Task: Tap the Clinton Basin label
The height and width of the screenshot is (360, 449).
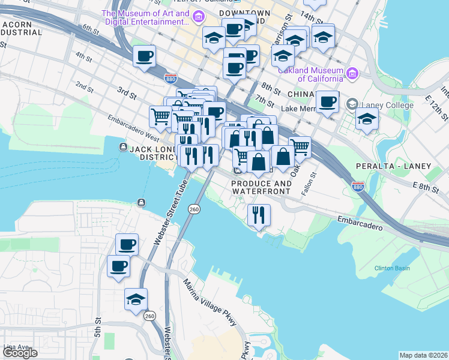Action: (392, 268)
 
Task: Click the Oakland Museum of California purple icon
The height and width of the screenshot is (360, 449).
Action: (352, 74)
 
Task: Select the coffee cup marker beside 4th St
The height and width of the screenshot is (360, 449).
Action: (144, 57)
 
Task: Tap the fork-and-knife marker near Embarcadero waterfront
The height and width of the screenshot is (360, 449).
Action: (259, 214)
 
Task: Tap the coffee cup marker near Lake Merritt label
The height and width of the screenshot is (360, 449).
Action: (327, 101)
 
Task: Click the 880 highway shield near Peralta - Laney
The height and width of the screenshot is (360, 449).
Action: (358, 187)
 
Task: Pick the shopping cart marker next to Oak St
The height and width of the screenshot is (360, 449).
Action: (300, 146)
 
